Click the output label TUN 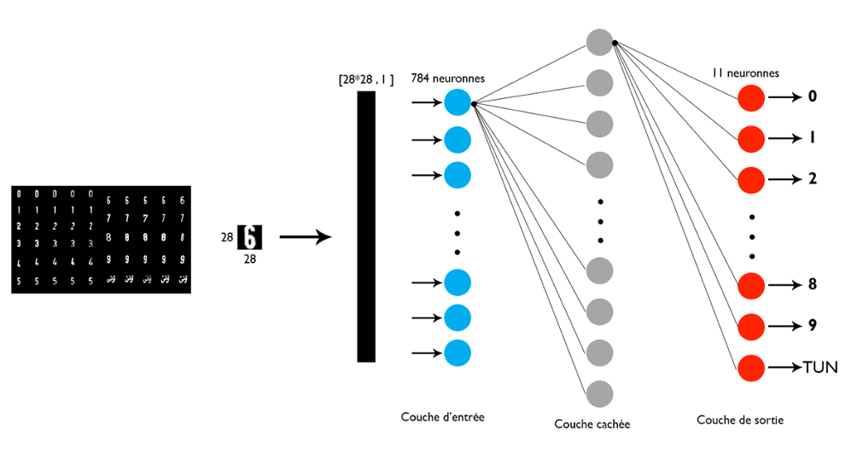(x=820, y=368)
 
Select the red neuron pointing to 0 (x=751, y=97)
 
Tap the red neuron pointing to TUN (x=751, y=368)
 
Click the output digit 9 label (x=813, y=325)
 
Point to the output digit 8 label (x=813, y=285)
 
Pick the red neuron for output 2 (x=751, y=179)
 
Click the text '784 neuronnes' (x=447, y=78)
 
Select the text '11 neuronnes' (x=745, y=73)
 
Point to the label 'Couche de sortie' (x=740, y=420)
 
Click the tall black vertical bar (x=366, y=226)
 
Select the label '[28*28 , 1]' (x=366, y=80)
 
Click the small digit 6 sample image (x=248, y=236)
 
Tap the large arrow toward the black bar (x=305, y=237)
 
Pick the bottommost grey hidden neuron (x=600, y=393)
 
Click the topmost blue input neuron (x=458, y=102)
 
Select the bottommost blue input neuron (x=458, y=352)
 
